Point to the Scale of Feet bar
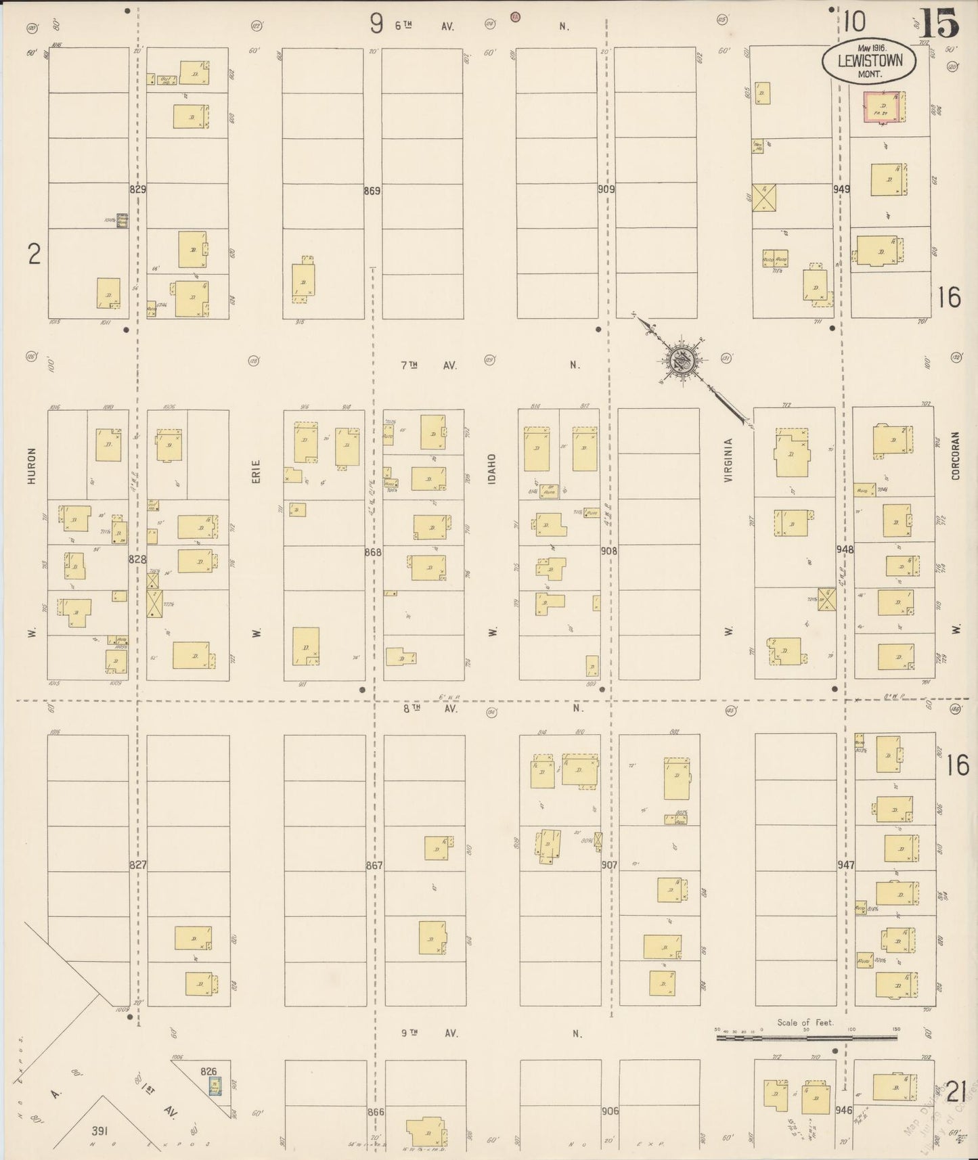[x=806, y=1035]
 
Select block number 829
[x=137, y=189]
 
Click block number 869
[x=372, y=191]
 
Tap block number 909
[x=606, y=190]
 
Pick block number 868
[x=373, y=552]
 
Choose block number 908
[x=608, y=551]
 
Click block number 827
[x=138, y=865]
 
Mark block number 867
[x=374, y=866]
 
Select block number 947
[x=845, y=865]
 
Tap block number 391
[x=100, y=1130]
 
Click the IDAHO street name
[x=492, y=468]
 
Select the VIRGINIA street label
[x=728, y=460]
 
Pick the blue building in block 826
[x=214, y=1086]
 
